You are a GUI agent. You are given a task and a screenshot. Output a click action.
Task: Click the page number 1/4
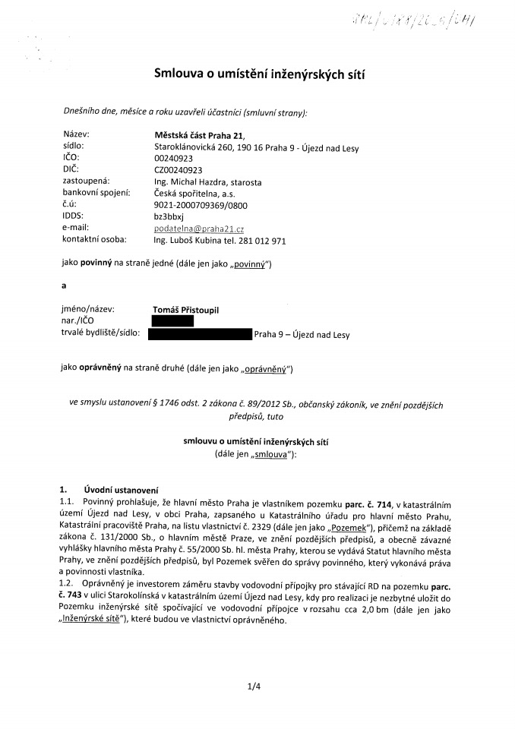(x=254, y=687)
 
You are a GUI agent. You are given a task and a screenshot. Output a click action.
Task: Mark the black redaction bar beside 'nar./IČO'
(x=173, y=321)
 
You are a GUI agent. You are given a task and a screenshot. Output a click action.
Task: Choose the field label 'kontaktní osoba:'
(x=95, y=240)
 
